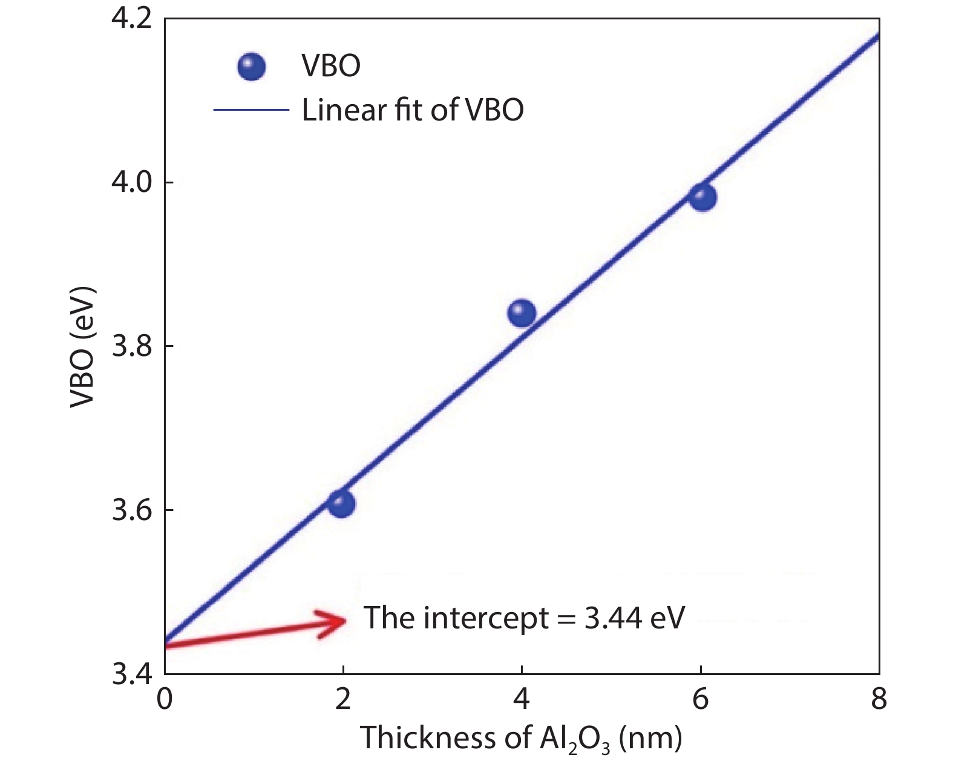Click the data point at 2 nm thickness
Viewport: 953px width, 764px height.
click(341, 504)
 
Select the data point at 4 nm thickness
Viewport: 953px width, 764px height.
click(522, 313)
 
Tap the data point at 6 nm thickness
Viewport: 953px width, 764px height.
click(702, 197)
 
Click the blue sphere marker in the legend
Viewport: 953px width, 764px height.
click(251, 66)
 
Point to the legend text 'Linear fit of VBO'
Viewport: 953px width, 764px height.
click(413, 110)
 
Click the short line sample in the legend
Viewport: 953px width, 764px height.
click(251, 110)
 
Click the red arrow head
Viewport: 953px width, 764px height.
click(335, 621)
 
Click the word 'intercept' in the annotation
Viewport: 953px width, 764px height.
click(486, 618)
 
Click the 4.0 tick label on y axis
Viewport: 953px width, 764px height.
click(131, 182)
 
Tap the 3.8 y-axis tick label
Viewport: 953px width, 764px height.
click(131, 346)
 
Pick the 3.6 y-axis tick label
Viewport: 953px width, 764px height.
click(131, 510)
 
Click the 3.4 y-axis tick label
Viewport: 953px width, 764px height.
click(131, 674)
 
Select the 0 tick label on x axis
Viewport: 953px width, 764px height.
click(165, 700)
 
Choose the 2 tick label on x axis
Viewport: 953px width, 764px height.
click(343, 700)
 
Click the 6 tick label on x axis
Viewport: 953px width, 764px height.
click(701, 700)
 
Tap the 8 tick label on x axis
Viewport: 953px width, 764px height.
click(879, 700)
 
